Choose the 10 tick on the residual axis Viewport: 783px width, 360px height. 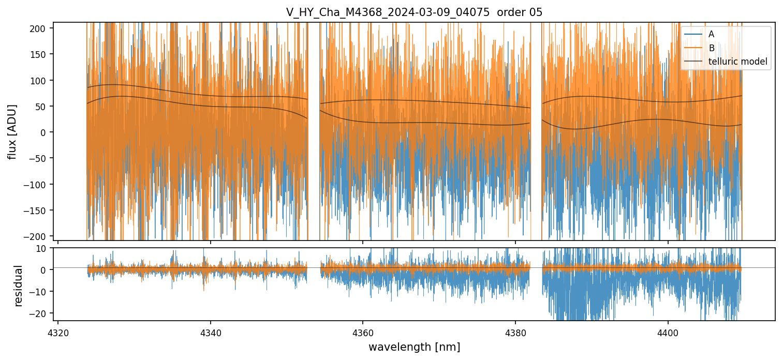tap(42, 248)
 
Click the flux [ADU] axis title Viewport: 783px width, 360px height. tap(12, 131)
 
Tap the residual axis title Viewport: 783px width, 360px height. tap(19, 286)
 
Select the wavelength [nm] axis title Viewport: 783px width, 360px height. tap(414, 347)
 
